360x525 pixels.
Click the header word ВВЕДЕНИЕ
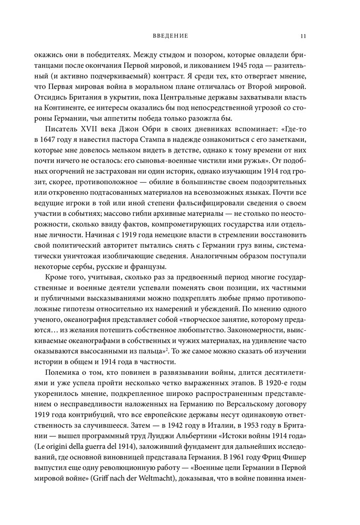[x=170, y=36]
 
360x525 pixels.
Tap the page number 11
[x=304, y=36]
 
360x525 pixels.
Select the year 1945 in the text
[x=216, y=65]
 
